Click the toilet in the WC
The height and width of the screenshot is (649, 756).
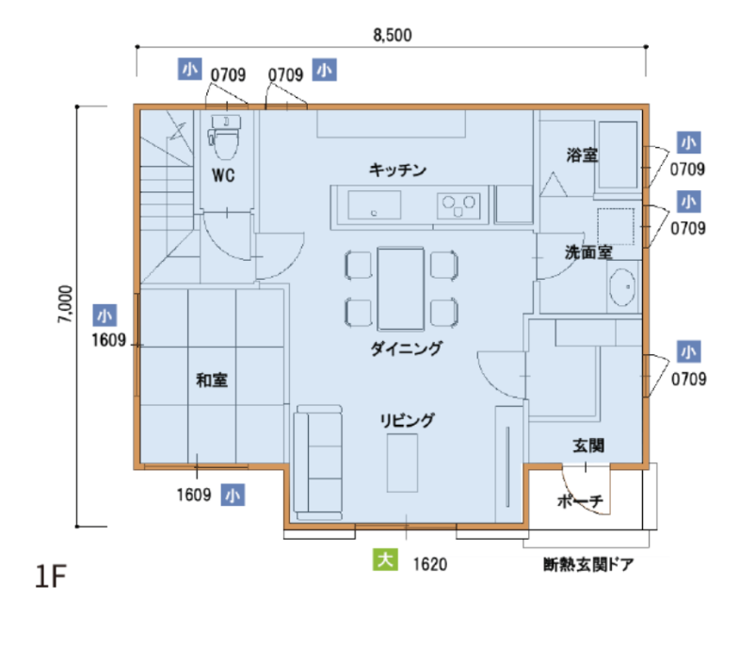click(225, 137)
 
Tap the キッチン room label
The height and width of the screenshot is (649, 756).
click(397, 170)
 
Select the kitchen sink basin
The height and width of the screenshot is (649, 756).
click(374, 205)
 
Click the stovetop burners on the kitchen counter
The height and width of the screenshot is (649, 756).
click(458, 205)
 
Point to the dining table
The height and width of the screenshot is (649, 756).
click(401, 289)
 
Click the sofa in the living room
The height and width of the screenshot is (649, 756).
click(319, 462)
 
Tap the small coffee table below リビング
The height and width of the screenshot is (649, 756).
click(402, 462)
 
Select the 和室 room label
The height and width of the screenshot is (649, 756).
click(212, 381)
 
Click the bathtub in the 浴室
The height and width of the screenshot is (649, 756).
click(619, 154)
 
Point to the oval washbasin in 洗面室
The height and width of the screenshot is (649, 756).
click(622, 286)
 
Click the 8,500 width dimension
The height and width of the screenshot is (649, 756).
click(393, 35)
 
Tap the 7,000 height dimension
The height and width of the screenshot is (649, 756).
click(65, 304)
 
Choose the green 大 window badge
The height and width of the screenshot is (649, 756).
click(385, 560)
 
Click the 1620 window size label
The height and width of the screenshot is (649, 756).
click(430, 564)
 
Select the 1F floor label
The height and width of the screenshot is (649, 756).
click(51, 576)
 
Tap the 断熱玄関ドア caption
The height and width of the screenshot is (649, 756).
click(588, 564)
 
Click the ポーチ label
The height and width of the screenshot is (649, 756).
click(580, 501)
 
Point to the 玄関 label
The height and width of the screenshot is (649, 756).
click(588, 446)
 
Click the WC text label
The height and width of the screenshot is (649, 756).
click(223, 175)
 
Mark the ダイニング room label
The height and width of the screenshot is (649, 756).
click(406, 349)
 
